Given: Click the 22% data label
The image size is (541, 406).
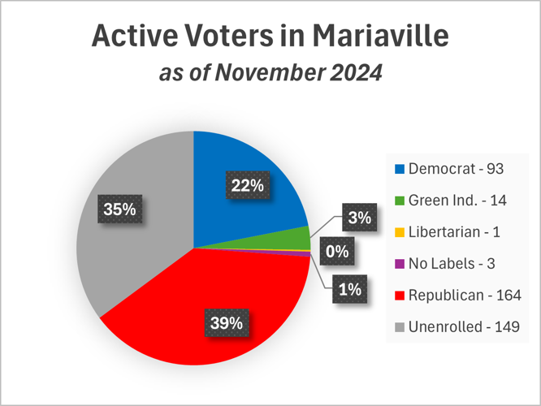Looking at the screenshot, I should (x=248, y=186).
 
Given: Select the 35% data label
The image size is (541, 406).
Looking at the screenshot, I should (x=119, y=210).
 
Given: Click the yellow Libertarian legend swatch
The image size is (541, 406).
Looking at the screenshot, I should (x=399, y=232).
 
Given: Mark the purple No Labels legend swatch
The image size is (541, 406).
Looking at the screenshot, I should (x=399, y=264).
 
